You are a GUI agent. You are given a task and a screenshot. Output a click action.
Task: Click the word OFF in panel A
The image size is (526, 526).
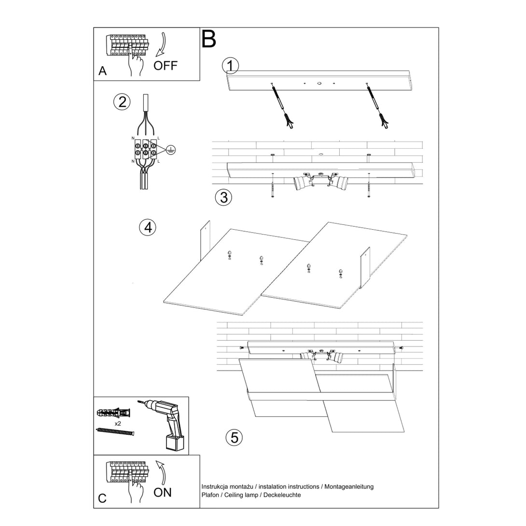click(166, 66)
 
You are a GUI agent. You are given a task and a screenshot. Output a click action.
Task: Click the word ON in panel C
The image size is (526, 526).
click(163, 492)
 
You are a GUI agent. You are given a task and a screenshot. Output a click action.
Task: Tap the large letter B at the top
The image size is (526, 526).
click(208, 39)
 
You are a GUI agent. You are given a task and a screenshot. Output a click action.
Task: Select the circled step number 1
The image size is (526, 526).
click(230, 65)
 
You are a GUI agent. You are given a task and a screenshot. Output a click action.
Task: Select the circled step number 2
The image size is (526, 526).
click(122, 102)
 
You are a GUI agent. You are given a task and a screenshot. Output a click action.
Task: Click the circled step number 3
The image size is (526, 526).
click(223, 197)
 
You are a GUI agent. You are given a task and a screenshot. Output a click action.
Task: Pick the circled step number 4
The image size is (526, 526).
click(148, 227)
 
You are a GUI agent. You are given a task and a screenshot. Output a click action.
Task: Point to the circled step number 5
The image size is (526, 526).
click(234, 438)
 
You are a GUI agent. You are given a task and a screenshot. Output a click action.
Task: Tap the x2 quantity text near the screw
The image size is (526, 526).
click(118, 423)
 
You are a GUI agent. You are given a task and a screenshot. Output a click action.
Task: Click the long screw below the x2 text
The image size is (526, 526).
click(115, 431)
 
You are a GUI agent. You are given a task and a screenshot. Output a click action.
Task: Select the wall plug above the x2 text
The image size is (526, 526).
click(114, 413)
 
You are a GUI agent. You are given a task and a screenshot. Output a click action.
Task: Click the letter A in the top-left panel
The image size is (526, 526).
click(102, 71)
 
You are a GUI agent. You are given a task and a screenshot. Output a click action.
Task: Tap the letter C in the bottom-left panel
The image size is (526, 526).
click(102, 498)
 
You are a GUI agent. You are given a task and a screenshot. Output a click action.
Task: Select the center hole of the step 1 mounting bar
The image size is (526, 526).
click(319, 83)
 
